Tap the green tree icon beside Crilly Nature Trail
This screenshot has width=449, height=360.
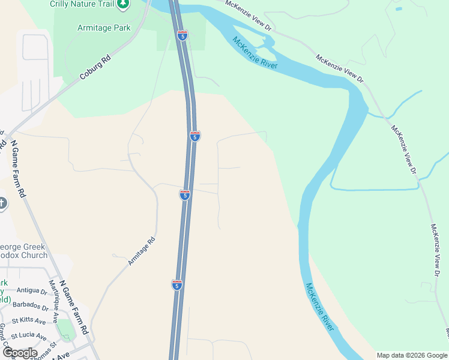point(123,4)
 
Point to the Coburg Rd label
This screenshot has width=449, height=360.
point(95,67)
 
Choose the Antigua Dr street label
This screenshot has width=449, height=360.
point(32,291)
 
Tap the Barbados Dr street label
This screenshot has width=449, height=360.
point(33,307)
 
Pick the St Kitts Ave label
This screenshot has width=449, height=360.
point(29,321)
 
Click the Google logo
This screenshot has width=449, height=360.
point(19,353)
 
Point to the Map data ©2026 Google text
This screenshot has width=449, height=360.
point(411,355)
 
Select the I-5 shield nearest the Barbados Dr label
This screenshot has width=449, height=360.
point(176,285)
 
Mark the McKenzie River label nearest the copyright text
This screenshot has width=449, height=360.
point(319,307)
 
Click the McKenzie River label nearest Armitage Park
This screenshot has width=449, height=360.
point(255,53)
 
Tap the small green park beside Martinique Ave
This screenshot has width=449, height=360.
point(65,329)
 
